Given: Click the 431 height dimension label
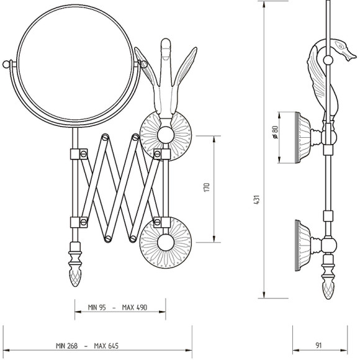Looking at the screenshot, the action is (x=258, y=200).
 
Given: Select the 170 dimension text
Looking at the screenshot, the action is (x=207, y=187).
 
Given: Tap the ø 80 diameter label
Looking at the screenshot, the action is (x=275, y=132).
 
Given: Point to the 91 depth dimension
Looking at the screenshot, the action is (x=318, y=345).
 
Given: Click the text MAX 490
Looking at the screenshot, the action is (x=134, y=307).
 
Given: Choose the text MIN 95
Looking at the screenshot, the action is (x=97, y=307).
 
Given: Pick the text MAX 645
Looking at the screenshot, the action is (x=106, y=346).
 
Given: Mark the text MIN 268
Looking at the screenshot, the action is (x=66, y=346).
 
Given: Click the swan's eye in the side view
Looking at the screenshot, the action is (x=340, y=47).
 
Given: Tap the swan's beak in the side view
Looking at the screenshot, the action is (x=351, y=56).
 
